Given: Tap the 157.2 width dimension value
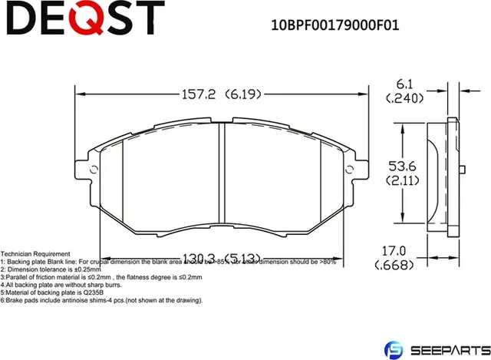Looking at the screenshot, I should click(x=197, y=95).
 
